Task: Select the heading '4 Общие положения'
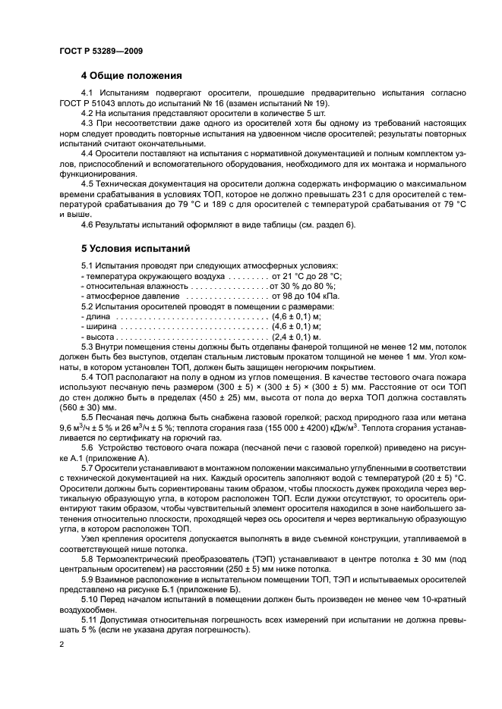131,76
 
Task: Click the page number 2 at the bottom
61,643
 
